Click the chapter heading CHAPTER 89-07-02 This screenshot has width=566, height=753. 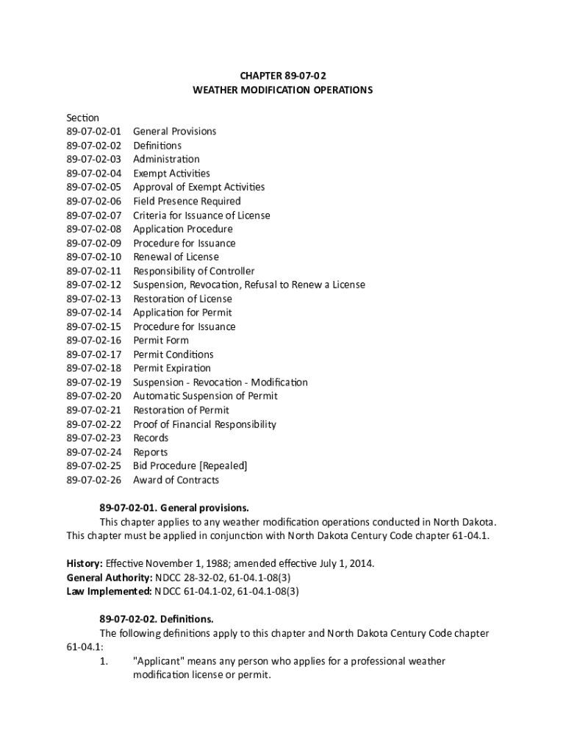point(282,76)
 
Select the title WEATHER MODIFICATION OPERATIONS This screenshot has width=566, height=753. point(282,90)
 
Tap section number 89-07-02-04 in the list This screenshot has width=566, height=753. point(93,174)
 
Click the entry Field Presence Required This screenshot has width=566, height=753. point(187,201)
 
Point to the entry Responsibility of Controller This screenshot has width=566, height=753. point(194,271)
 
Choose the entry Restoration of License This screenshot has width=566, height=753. point(182,299)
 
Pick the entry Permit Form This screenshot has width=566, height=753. point(160,340)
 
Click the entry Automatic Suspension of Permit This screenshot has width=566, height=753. point(205,396)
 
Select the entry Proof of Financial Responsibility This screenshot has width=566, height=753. point(204,424)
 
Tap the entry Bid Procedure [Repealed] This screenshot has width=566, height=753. point(190,466)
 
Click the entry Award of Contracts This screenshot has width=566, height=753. point(176,480)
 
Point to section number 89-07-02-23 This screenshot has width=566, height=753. point(93,438)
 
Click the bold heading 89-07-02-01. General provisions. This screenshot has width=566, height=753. point(174,508)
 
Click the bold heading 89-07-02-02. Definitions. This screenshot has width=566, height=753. point(157,619)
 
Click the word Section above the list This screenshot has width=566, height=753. point(82,118)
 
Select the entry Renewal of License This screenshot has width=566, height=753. point(176,257)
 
